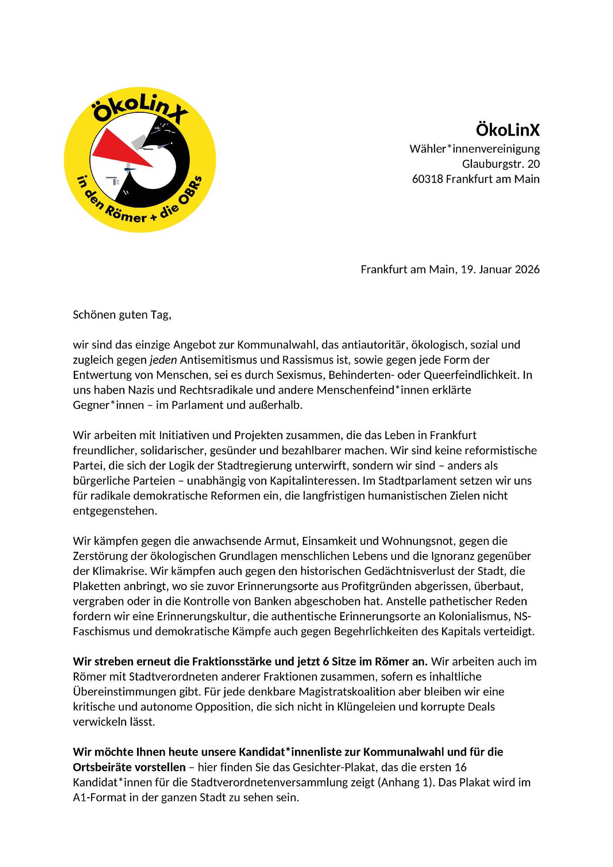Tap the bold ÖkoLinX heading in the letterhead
coord(508,130)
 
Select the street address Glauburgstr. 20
coord(501,164)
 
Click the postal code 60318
coord(426,179)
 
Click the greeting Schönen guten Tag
coord(122,315)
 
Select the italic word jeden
coord(164,360)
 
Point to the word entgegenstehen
coord(115,511)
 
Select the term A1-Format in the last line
coord(99,798)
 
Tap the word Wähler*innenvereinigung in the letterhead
coord(475,149)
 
